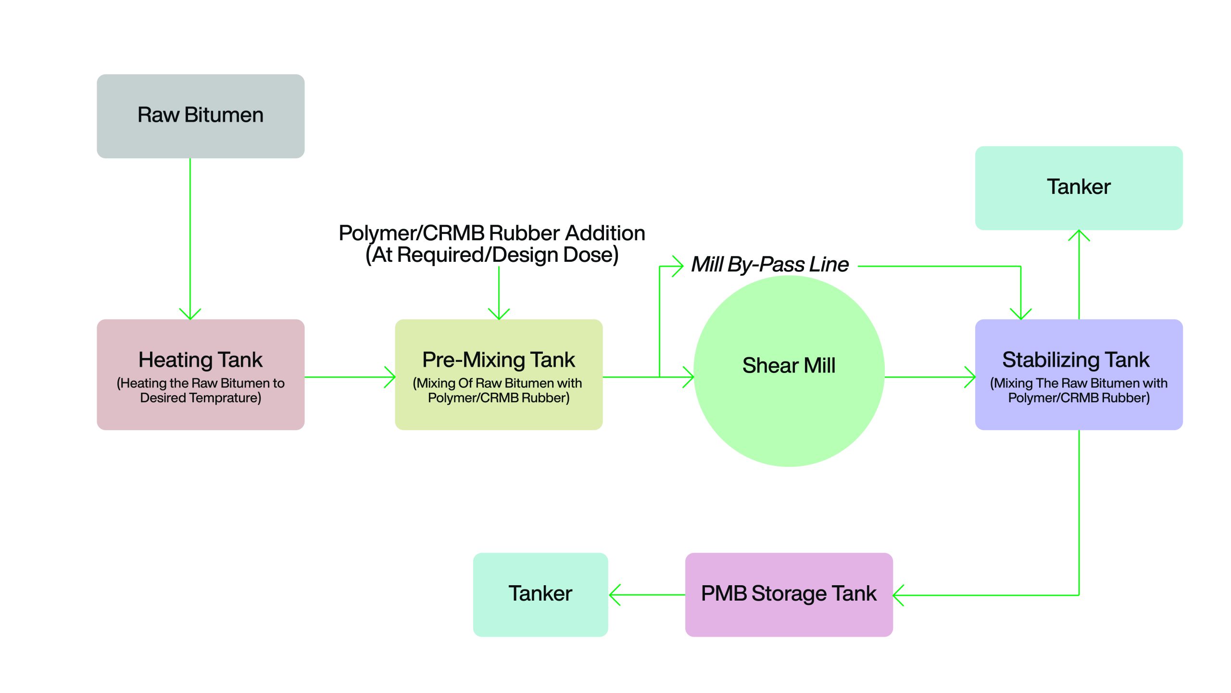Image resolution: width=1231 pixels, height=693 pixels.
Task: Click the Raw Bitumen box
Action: coord(201,116)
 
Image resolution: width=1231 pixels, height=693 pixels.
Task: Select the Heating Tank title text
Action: coord(201,359)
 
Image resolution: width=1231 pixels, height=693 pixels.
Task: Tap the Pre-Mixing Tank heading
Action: coord(499,359)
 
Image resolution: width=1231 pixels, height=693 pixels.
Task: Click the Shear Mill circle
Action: coord(789,371)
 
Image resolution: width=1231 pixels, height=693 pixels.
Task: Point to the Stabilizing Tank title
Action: coord(1076,359)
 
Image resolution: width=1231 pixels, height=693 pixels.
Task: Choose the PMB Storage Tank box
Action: coord(789,594)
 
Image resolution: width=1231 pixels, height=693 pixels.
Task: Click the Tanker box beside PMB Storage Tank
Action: coord(540,594)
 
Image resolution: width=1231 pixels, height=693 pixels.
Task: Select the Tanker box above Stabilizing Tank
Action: coord(1079,188)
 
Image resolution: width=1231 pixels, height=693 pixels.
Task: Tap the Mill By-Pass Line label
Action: coord(769,264)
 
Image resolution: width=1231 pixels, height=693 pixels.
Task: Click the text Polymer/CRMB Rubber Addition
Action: coord(491,233)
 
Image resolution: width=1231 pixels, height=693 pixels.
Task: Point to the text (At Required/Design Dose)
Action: coord(491,255)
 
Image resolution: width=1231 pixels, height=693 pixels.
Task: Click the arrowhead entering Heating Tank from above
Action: coord(190,315)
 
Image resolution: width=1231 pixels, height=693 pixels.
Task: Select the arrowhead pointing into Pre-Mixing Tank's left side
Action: coord(390,377)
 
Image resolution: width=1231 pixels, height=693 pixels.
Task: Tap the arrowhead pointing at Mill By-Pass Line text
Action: coord(678,266)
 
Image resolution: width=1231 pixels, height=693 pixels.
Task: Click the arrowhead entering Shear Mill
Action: coord(689,377)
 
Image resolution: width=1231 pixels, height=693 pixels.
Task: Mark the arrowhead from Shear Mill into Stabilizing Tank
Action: coord(970,377)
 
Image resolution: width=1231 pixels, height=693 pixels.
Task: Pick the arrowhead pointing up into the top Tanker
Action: coord(1079,235)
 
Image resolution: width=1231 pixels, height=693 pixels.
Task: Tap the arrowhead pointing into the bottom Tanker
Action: coord(614,595)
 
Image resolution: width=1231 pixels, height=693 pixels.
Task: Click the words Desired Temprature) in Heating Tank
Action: coord(201,398)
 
